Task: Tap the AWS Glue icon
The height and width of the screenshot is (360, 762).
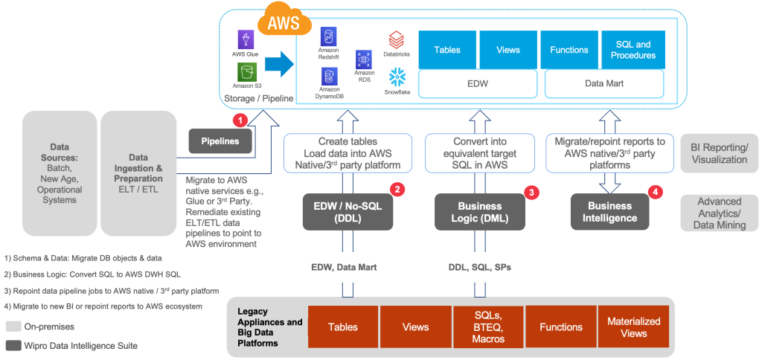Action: click(x=246, y=40)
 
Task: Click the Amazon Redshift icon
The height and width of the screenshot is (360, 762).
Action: click(x=329, y=37)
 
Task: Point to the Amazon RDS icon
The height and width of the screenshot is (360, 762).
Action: click(x=364, y=59)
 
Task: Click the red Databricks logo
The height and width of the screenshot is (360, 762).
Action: click(x=397, y=39)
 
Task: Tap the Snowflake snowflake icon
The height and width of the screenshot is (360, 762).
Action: click(x=397, y=76)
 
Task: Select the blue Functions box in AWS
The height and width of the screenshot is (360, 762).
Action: click(x=569, y=50)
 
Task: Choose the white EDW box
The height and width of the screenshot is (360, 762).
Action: click(x=477, y=83)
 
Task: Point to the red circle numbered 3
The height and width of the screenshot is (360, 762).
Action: click(x=531, y=191)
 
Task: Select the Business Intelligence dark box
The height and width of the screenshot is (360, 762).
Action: click(x=609, y=212)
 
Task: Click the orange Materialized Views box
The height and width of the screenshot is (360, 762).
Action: click(x=633, y=327)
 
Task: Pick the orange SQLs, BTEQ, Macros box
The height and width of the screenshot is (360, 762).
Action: click(x=488, y=327)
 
